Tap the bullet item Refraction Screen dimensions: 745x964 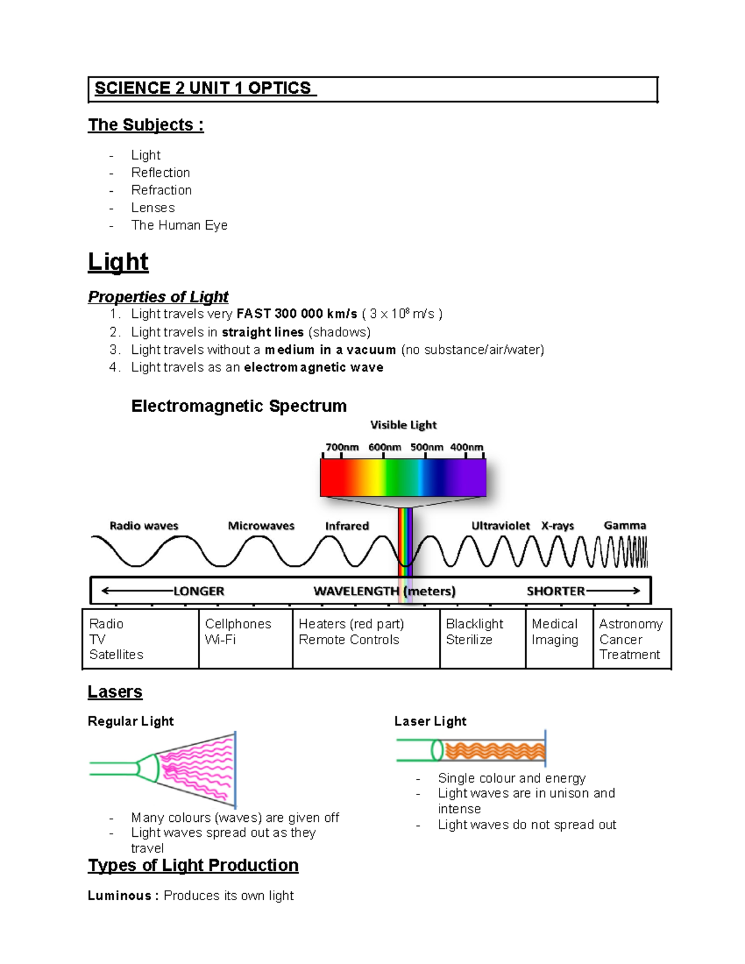161,190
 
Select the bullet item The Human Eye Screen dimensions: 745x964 179,225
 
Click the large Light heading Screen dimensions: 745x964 118,262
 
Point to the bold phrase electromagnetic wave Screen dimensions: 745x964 314,367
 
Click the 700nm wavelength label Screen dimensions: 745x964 342,447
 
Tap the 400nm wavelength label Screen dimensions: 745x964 466,447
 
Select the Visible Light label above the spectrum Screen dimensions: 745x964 404,425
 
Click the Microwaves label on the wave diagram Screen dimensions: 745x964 261,526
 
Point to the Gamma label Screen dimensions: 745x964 625,525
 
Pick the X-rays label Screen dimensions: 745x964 558,526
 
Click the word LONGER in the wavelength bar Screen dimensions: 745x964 199,591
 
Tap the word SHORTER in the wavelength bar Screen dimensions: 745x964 556,591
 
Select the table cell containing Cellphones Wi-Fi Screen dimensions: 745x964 245,638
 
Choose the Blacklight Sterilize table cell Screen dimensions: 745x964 482,638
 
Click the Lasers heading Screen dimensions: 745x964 115,691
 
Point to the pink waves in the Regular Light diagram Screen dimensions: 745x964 196,770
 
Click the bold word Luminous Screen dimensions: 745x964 119,896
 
